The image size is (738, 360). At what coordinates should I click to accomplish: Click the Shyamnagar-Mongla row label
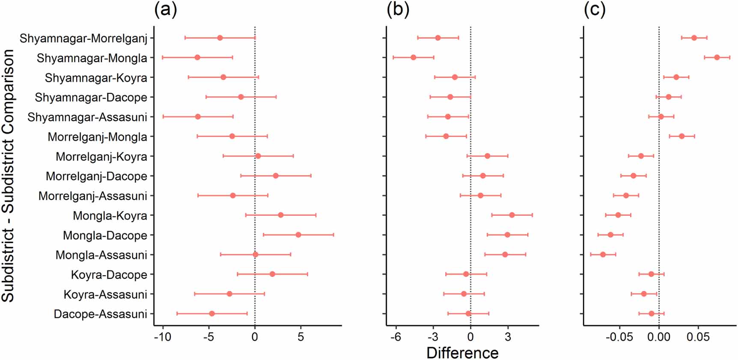coord(92,58)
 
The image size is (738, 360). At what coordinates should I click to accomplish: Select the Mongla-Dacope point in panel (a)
coord(298,235)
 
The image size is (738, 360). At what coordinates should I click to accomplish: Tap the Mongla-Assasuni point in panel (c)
coord(603,254)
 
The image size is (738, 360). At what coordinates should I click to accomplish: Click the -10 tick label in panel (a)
coord(162,337)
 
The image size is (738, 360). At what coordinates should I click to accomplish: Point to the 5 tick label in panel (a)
coord(301,337)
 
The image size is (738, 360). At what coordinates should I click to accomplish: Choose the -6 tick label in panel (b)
coord(396,337)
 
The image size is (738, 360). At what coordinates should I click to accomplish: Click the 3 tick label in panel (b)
coord(508,337)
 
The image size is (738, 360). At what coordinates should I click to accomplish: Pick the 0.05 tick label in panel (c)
coord(698,337)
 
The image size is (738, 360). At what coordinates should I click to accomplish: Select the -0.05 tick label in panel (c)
coord(619,337)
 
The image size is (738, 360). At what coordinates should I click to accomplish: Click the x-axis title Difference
coord(462,353)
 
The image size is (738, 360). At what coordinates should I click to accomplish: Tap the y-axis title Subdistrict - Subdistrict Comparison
coord(9,176)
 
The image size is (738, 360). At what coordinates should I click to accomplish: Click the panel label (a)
coord(165,9)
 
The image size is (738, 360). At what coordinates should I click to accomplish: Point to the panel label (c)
coord(595,9)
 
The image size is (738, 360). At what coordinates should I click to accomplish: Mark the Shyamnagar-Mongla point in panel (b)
coord(413,57)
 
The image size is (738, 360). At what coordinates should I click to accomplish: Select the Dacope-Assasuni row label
coord(100,314)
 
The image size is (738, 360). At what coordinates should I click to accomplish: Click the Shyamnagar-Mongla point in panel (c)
coord(717,57)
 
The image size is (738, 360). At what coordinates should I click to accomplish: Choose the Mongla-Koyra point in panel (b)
coord(512,215)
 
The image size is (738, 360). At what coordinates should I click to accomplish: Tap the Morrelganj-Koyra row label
coord(101,157)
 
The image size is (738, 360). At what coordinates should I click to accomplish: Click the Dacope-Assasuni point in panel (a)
coord(211,313)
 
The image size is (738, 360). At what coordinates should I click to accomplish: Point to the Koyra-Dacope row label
coord(109,275)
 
